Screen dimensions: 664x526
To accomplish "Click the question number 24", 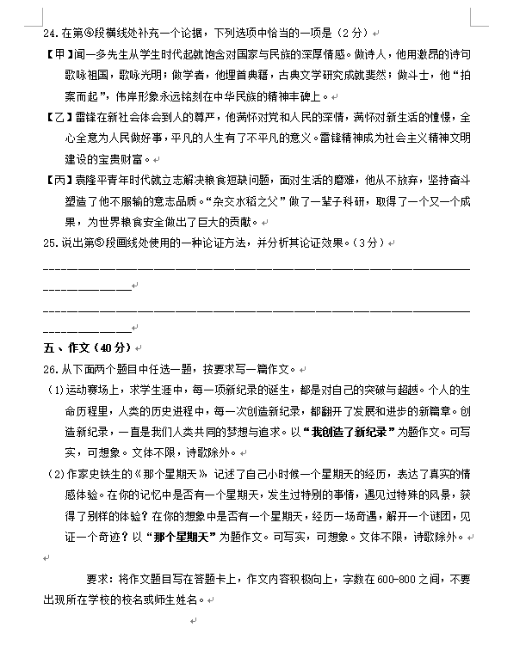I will pos(50,33).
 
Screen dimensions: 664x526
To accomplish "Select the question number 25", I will pos(50,243).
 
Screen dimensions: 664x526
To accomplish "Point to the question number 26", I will pos(50,368).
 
